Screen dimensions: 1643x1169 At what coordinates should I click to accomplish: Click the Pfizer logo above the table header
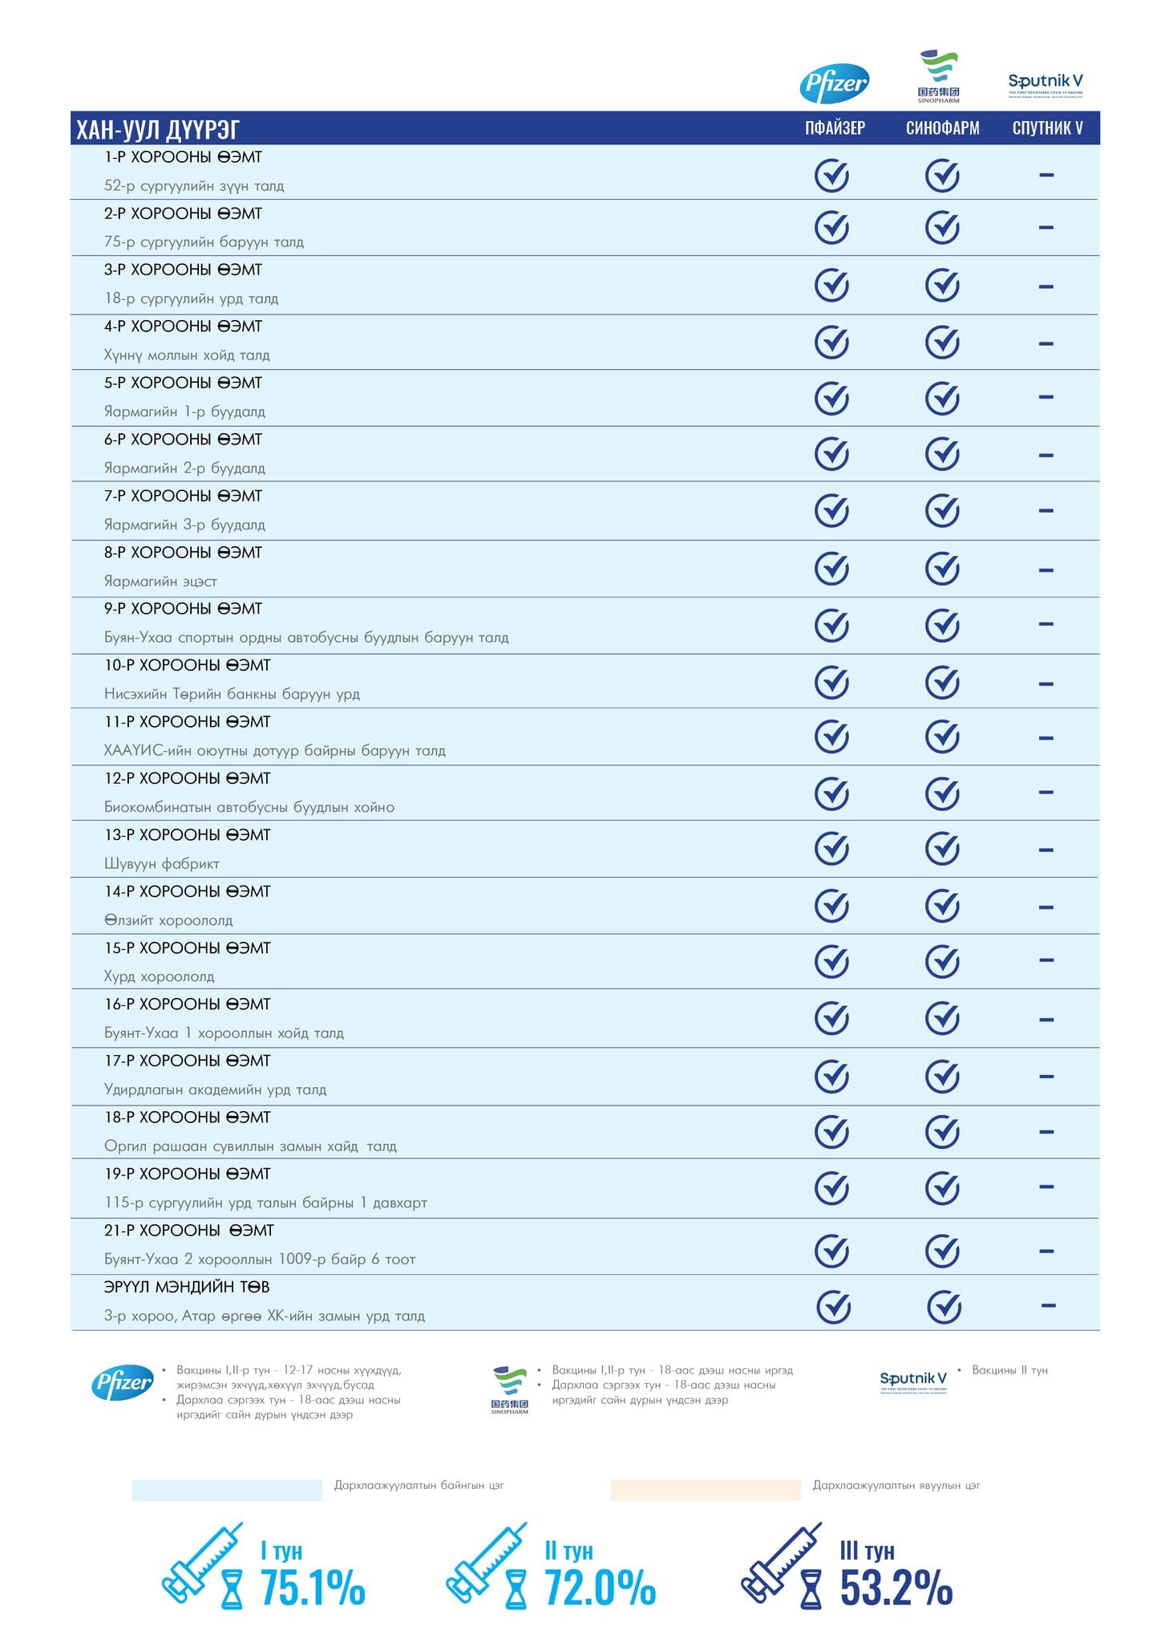(834, 83)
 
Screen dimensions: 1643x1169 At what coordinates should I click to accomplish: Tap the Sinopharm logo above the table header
(938, 76)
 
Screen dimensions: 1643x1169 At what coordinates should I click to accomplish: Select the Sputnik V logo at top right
(1045, 83)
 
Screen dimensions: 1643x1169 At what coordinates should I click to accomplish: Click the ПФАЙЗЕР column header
(835, 128)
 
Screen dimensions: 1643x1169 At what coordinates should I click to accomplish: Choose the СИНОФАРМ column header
(942, 128)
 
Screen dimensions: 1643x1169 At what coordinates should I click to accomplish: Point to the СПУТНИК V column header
(1047, 128)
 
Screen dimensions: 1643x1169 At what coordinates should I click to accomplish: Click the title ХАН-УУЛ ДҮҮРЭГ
(158, 129)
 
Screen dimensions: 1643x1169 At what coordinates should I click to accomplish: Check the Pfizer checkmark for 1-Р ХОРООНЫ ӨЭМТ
(831, 176)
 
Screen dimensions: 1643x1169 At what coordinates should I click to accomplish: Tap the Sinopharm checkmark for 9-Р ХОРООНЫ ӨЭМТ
(942, 626)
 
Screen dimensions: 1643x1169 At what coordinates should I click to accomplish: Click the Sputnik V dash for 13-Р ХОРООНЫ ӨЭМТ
(1046, 850)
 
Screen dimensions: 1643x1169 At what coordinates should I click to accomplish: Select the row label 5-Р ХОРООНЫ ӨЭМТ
(183, 383)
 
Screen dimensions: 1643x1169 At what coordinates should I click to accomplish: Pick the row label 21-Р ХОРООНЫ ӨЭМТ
(188, 1231)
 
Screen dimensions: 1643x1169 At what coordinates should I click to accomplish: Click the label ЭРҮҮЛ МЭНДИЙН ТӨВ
(186, 1287)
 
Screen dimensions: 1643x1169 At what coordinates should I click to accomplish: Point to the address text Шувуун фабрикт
(161, 864)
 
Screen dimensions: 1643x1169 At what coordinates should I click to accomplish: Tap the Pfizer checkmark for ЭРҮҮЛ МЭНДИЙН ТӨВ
(833, 1307)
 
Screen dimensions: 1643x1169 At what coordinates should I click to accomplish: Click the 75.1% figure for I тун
(313, 1588)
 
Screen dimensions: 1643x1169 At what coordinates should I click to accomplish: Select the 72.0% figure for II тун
(600, 1588)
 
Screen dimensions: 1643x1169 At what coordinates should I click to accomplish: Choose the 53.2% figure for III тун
(896, 1588)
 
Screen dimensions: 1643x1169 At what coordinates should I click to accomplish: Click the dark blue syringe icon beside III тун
(781, 1563)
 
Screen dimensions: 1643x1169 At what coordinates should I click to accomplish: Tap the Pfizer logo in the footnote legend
(122, 1382)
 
